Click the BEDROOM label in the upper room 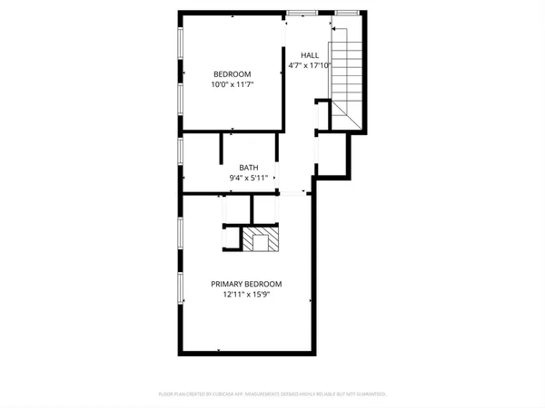(233, 74)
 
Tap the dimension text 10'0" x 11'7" (233, 84)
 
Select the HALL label (309, 55)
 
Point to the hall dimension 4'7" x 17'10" (309, 65)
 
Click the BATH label (249, 168)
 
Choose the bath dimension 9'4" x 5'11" (249, 178)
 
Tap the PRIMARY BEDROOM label (248, 283)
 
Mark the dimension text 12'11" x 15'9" (248, 293)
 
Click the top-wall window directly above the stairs (346, 12)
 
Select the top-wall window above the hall (303, 12)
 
